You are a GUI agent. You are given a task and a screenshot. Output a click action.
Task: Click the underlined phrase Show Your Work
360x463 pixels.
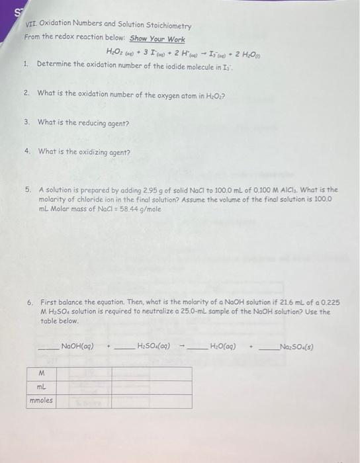pyautogui.click(x=157, y=38)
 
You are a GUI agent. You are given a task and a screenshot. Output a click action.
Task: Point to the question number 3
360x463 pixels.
pyautogui.click(x=26, y=122)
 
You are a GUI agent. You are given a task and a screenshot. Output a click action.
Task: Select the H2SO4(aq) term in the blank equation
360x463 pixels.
pyautogui.click(x=154, y=345)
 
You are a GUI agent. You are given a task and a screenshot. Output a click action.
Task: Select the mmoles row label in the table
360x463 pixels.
pyautogui.click(x=42, y=401)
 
